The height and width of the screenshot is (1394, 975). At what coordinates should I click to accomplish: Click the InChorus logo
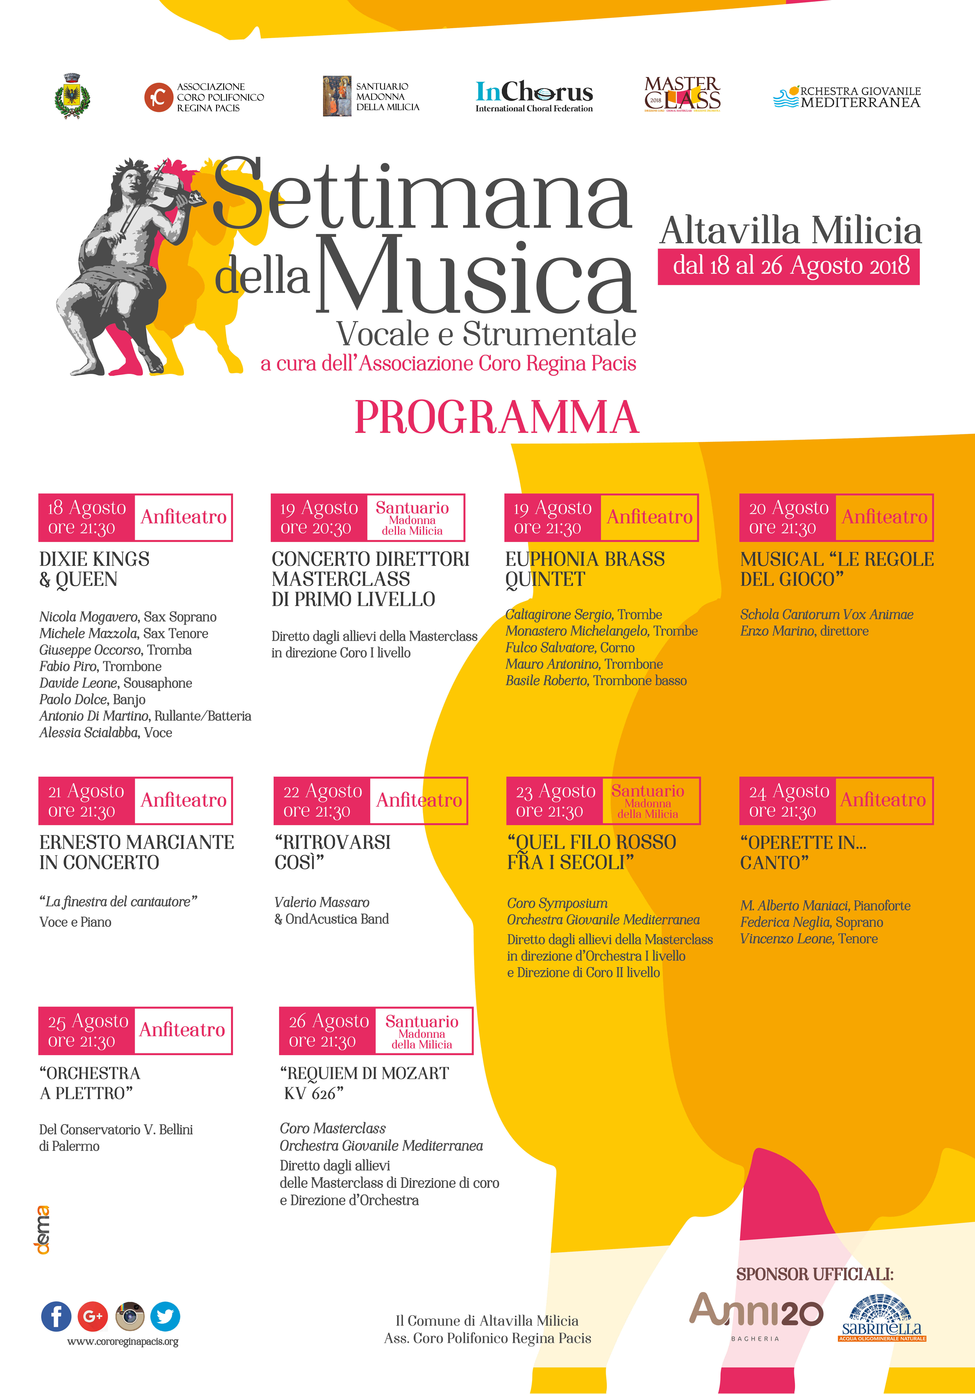pyautogui.click(x=534, y=96)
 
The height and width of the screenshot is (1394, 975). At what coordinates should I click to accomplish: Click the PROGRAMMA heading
pyautogui.click(x=496, y=418)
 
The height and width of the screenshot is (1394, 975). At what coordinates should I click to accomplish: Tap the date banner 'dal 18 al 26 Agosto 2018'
pyautogui.click(x=789, y=266)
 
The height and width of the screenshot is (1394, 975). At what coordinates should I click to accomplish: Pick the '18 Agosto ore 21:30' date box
pyautogui.click(x=86, y=517)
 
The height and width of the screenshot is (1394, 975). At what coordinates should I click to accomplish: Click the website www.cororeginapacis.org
pyautogui.click(x=123, y=1341)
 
